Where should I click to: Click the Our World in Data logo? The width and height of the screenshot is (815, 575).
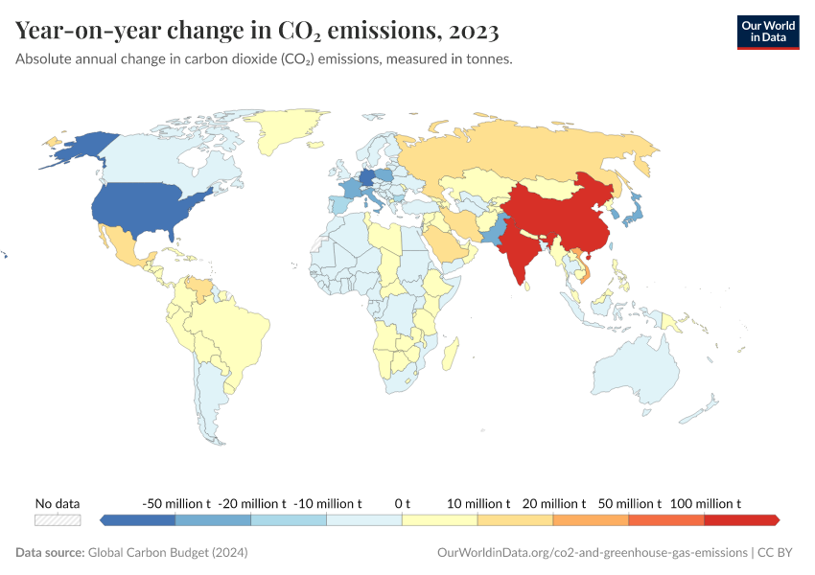pos(767,32)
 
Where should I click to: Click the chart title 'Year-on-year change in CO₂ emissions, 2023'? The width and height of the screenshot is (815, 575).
pos(257,31)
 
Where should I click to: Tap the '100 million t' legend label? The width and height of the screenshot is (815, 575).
pos(705,503)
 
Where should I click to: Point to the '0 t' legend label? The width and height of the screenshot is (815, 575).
pos(402,503)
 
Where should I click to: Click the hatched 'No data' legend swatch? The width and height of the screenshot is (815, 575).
pos(58,519)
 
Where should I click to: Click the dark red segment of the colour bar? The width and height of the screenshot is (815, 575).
pos(740,519)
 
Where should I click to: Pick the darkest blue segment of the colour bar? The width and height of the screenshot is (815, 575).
pos(138,519)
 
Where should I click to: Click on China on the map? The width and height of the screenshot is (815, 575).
pos(556,216)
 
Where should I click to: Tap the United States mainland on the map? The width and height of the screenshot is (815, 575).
pos(144,211)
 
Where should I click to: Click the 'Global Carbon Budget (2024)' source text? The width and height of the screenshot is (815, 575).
pos(167,553)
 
